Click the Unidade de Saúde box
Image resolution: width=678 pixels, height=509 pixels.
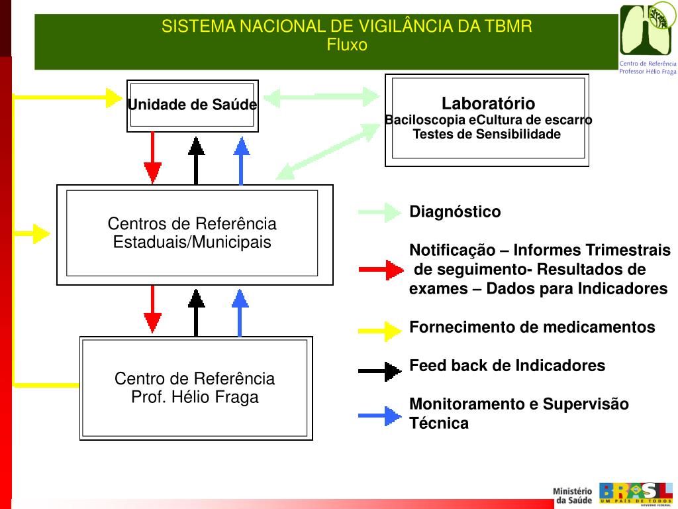192,105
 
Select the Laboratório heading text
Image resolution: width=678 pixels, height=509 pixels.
488,103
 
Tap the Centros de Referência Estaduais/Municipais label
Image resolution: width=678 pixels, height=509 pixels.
192,233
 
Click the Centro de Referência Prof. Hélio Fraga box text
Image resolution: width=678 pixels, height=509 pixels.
195,388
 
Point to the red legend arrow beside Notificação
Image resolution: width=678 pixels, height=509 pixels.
381,270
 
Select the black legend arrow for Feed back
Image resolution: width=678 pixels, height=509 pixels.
380,370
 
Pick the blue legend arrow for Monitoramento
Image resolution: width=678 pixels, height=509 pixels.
380,416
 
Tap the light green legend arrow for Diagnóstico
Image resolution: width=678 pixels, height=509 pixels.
380,213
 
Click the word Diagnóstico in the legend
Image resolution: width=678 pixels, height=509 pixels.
455,212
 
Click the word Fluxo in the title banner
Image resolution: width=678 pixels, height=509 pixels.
347,44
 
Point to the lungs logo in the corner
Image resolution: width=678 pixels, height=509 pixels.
647,30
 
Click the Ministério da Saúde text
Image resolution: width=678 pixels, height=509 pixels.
573,495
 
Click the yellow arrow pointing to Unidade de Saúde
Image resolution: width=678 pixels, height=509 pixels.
66,97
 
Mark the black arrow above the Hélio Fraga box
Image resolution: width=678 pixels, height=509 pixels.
196,312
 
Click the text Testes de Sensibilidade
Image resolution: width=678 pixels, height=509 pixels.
487,135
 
